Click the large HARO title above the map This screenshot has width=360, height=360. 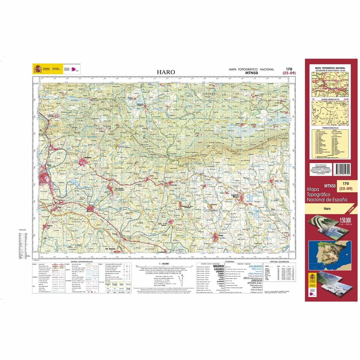166,72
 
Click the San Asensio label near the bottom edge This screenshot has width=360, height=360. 111,249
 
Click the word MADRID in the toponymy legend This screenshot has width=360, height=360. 218,266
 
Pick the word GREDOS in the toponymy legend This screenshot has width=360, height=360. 253,280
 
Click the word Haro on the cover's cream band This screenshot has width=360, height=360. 327,208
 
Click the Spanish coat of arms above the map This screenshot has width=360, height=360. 38,69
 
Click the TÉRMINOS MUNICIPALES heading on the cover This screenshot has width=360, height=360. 329,127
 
